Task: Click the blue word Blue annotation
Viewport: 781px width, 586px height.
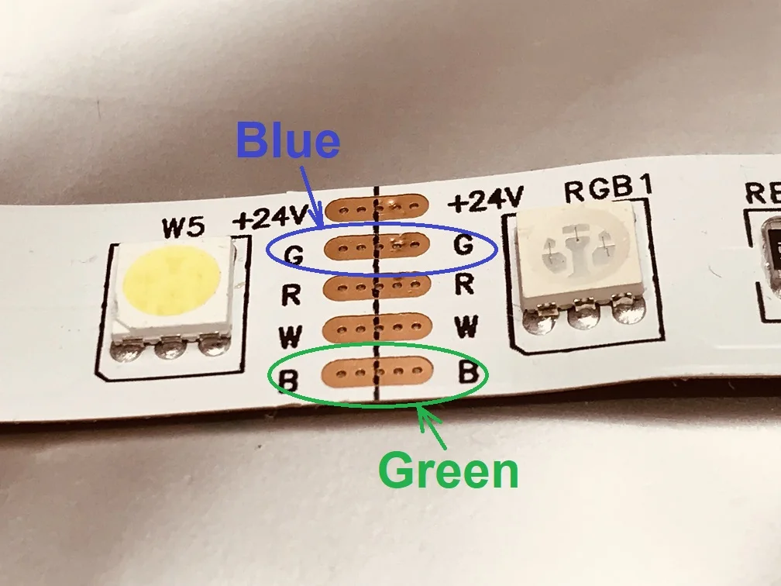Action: [288, 142]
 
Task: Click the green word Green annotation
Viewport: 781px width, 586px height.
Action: [449, 471]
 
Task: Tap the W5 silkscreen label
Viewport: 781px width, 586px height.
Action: [183, 229]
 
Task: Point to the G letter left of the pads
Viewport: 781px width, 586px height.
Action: [294, 253]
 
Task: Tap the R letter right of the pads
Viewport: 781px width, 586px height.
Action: [463, 284]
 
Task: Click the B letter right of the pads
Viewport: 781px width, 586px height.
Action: [468, 371]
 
